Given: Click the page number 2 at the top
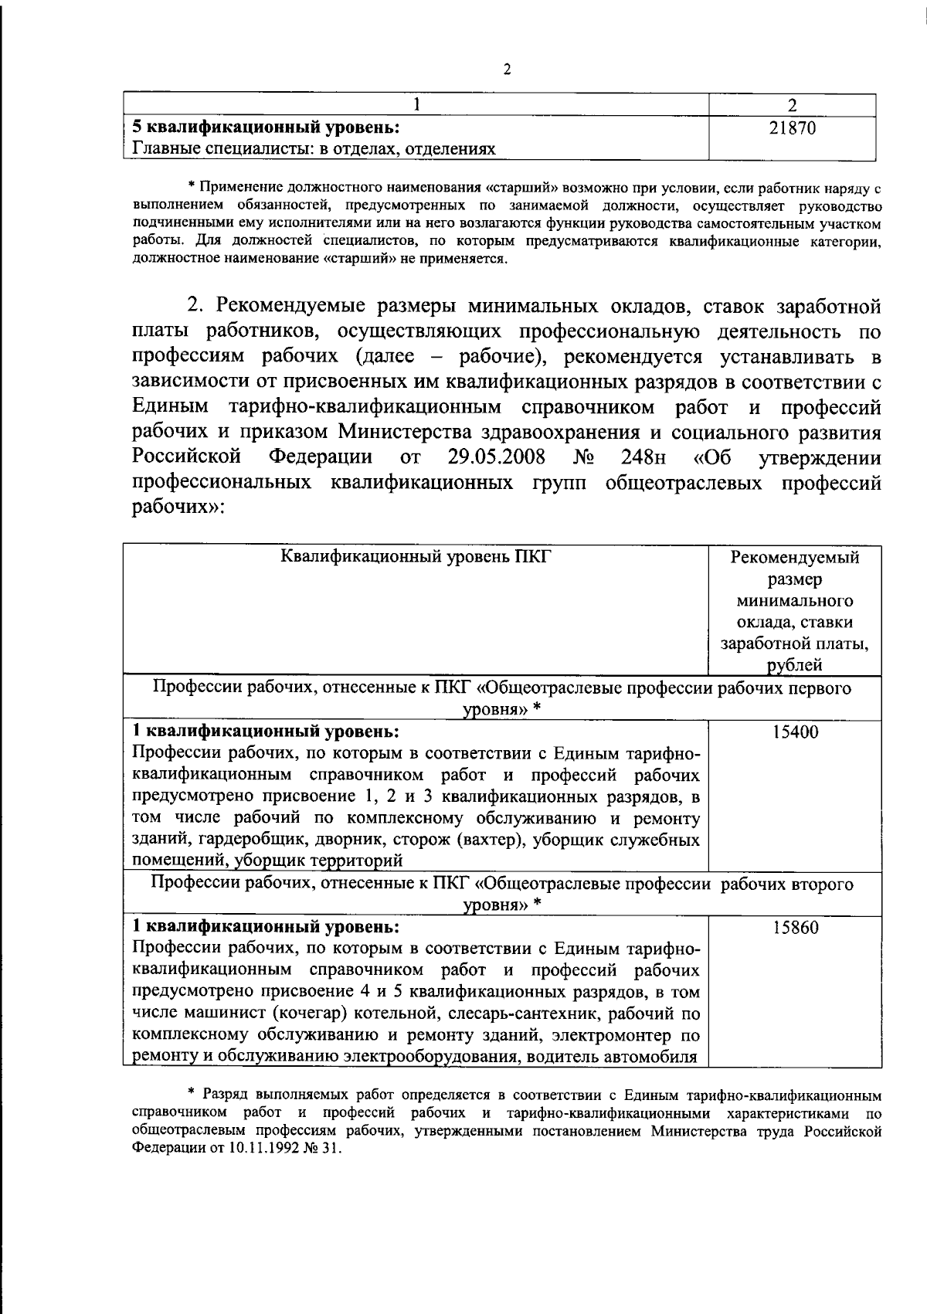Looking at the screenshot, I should point(508,70).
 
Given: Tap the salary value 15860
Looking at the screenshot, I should point(795,927).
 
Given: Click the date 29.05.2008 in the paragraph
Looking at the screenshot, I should point(497,457).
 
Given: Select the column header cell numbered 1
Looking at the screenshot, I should point(418,105).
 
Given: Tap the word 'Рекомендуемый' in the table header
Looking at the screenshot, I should point(795,557).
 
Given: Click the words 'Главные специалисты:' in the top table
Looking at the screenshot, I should point(221,148).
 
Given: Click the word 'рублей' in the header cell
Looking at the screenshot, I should point(795,665).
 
